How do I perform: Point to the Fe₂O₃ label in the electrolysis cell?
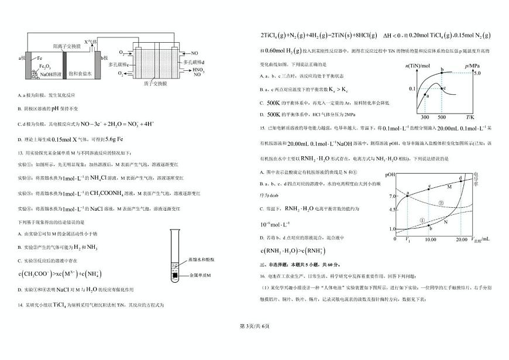coord(44,67)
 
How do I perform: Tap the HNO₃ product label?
coord(197,69)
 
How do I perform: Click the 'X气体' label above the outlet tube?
coord(91,42)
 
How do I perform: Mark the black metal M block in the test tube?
coord(175,273)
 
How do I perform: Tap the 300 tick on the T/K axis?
coord(424,117)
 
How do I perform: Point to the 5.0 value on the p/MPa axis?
coord(476,73)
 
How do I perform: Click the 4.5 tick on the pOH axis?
coord(393,209)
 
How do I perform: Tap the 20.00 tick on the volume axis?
coord(461,239)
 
